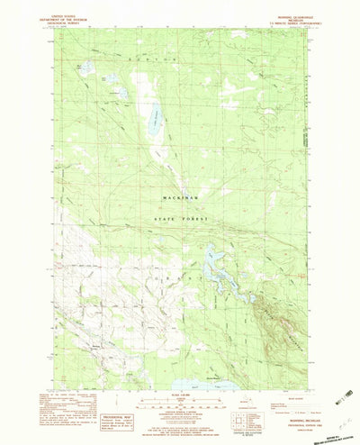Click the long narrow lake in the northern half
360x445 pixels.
pos(156,117)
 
